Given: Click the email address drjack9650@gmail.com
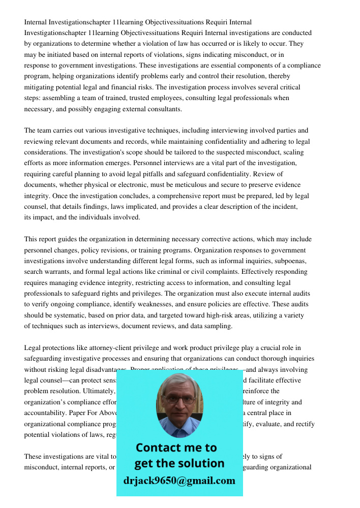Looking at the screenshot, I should point(179,481).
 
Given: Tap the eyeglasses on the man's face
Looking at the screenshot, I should point(179,400).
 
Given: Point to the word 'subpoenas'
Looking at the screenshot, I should point(289,261).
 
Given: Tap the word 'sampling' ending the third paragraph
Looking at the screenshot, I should point(218,326).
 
